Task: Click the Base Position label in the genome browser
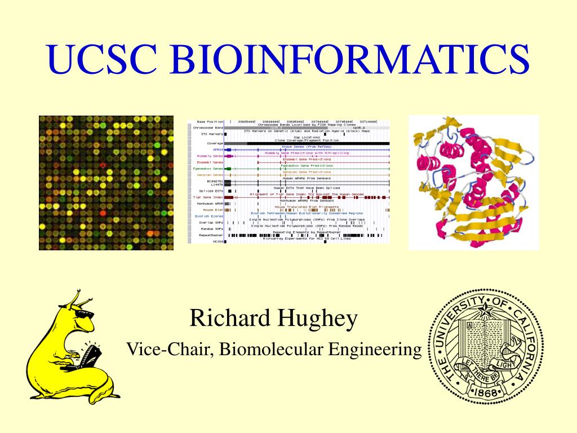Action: [210, 121]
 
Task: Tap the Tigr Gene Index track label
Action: [208, 197]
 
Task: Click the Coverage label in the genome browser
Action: [215, 143]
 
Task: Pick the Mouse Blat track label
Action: [214, 210]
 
